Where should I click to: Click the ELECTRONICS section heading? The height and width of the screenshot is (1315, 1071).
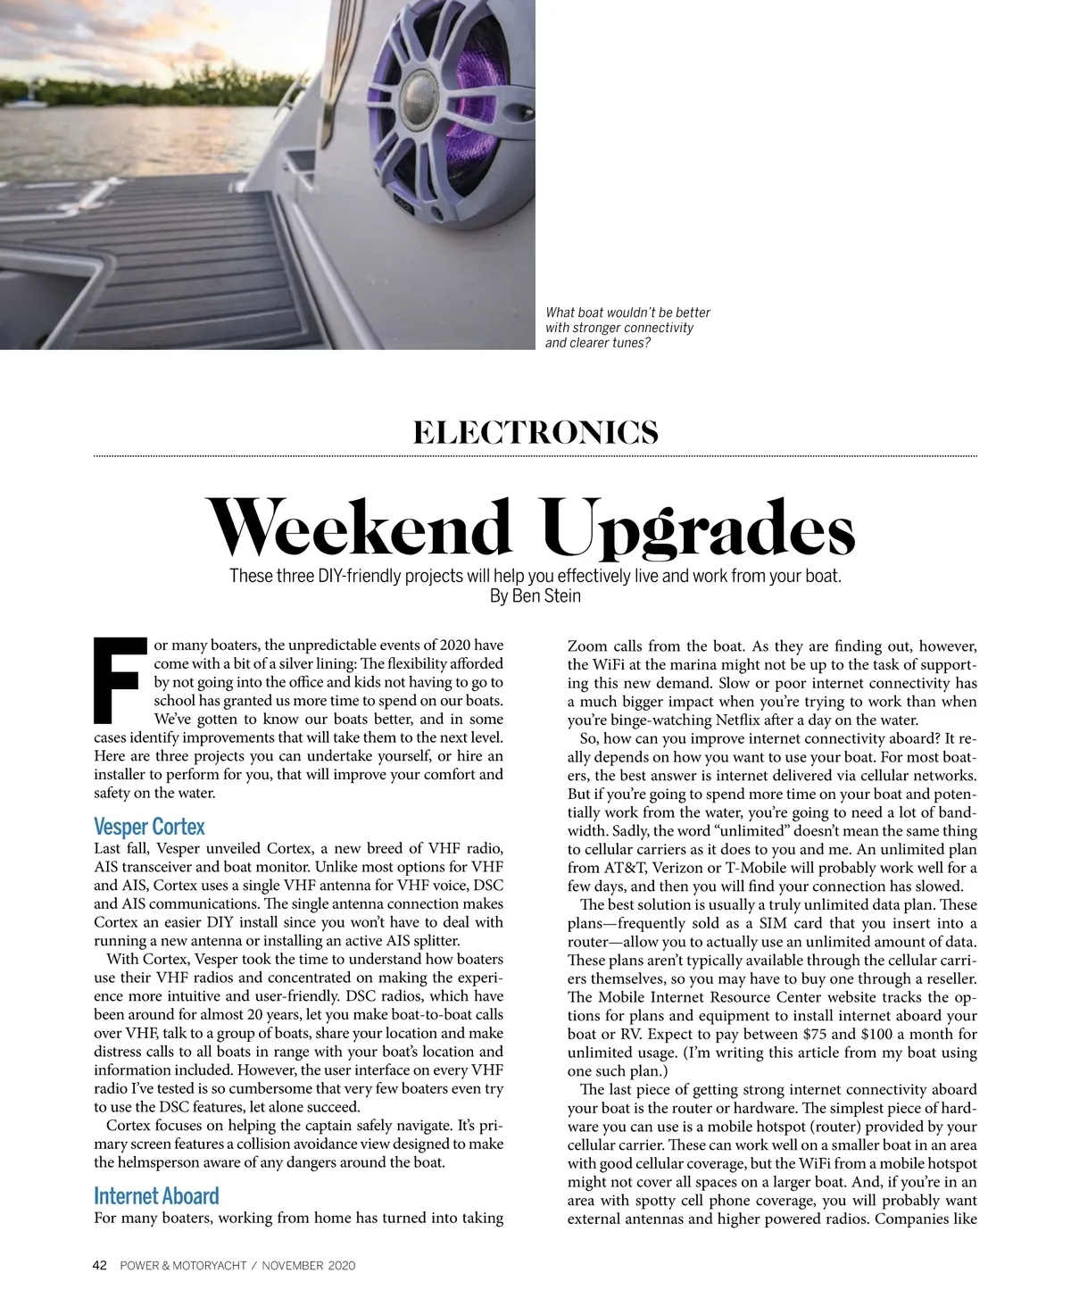(535, 433)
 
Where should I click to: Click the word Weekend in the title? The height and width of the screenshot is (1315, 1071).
(359, 527)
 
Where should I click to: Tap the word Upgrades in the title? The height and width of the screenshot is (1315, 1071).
(699, 528)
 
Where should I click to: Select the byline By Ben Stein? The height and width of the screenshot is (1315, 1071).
(535, 596)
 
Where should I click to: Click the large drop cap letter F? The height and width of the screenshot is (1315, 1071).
(120, 680)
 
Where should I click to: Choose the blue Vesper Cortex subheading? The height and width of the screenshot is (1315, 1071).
(149, 827)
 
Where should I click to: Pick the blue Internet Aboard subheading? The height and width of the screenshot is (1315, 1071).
(156, 1196)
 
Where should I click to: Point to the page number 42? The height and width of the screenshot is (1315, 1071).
(100, 1265)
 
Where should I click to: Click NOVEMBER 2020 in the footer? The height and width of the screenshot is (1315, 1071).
(309, 1265)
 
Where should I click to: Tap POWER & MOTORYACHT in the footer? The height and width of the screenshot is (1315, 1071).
(183, 1265)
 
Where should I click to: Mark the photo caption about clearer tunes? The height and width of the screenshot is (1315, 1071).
(627, 328)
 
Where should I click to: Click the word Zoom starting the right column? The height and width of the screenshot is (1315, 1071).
(587, 646)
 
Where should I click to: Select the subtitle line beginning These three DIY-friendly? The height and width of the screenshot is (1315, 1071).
(535, 576)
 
